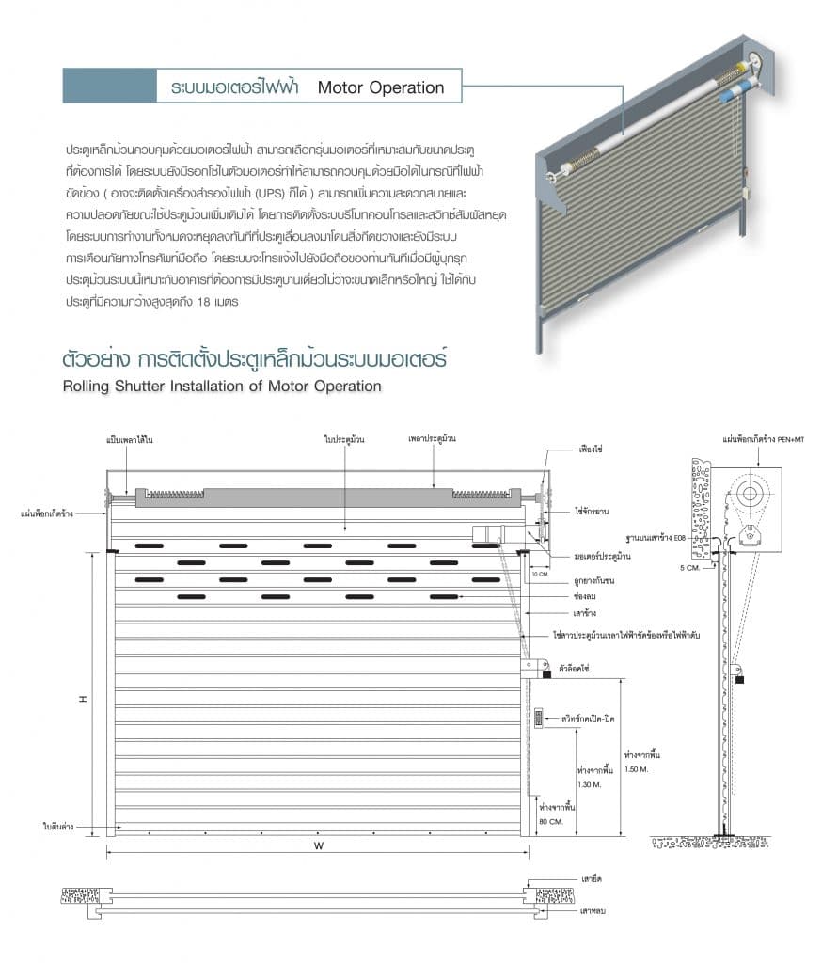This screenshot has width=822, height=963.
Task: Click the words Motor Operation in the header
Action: (380, 87)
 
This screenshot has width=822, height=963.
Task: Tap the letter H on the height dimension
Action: (83, 698)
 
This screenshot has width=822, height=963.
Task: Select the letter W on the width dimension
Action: (319, 845)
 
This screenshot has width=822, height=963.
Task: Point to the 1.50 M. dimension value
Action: (637, 769)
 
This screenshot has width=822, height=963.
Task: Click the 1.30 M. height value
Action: (590, 783)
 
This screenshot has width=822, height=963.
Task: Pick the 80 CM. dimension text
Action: (550, 821)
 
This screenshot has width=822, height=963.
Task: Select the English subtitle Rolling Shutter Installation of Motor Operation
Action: (221, 386)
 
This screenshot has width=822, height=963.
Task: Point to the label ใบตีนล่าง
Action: (58, 826)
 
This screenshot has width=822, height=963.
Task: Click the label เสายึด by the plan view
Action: (592, 878)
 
